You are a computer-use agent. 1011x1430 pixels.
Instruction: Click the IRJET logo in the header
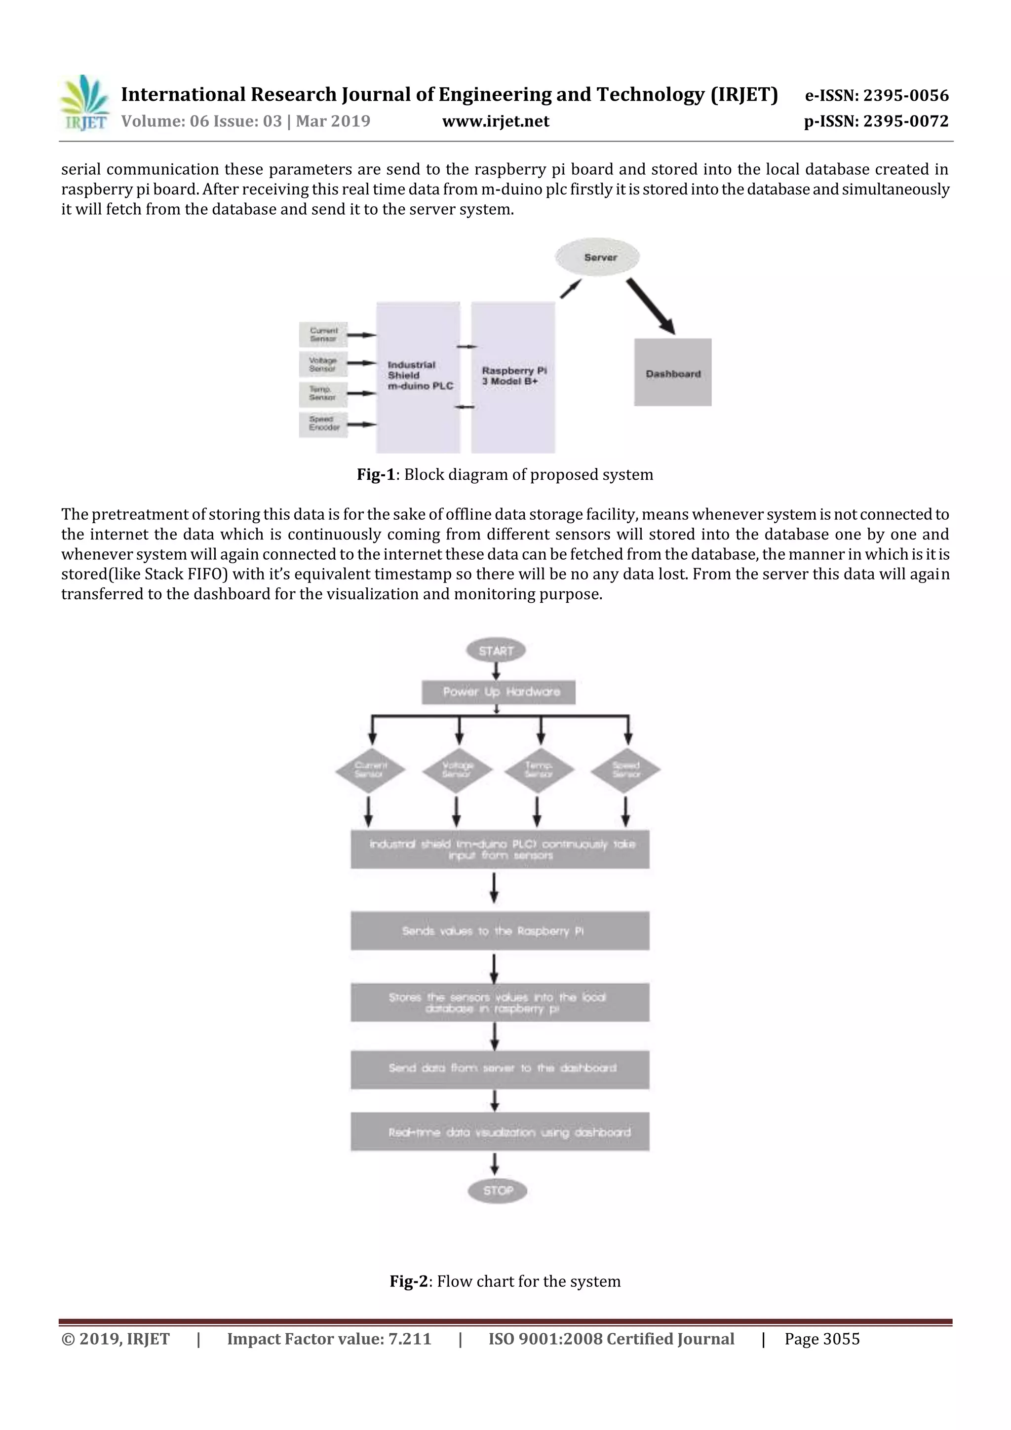click(x=84, y=103)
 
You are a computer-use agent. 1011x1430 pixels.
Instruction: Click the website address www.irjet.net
click(x=495, y=121)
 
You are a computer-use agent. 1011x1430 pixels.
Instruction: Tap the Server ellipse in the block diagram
click(x=600, y=257)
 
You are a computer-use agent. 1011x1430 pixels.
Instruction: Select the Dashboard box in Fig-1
click(x=673, y=373)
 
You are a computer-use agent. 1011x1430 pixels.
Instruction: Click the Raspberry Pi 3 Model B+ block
click(x=513, y=377)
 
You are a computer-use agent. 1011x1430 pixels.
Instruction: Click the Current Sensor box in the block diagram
click(x=323, y=335)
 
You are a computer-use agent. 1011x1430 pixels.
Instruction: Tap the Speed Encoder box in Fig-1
click(x=323, y=424)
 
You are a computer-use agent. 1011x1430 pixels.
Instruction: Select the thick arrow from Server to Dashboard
click(x=650, y=306)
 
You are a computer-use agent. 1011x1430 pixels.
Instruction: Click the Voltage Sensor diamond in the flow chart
click(x=457, y=770)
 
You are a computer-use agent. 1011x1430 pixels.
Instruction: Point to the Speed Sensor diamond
click(x=625, y=770)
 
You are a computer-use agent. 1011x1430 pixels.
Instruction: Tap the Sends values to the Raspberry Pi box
click(x=500, y=930)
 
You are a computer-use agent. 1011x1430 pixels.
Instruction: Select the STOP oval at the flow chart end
click(x=498, y=1191)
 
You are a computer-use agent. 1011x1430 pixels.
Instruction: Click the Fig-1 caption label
click(x=376, y=474)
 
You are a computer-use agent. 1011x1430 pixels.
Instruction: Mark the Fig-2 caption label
click(x=409, y=1281)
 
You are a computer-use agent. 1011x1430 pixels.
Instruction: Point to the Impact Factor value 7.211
click(x=329, y=1339)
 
